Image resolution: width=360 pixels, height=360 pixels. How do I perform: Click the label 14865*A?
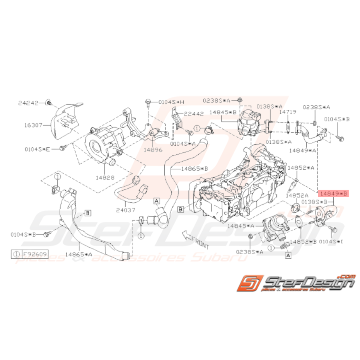pyautogui.click(x=78, y=254)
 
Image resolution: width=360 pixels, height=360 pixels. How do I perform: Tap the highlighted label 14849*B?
pyautogui.click(x=333, y=193)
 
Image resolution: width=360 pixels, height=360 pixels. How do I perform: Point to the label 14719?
pyautogui.click(x=288, y=111)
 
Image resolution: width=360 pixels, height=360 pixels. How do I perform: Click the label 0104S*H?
pyautogui.click(x=172, y=102)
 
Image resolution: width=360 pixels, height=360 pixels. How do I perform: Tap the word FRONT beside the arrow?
pyautogui.click(x=201, y=244)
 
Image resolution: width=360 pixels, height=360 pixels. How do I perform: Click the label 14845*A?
pyautogui.click(x=241, y=225)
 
